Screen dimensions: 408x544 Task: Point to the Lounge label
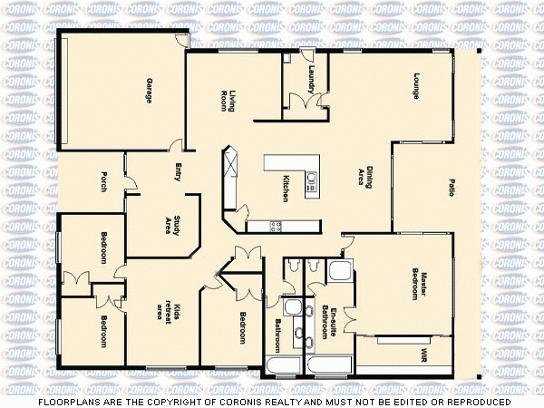click(417, 85)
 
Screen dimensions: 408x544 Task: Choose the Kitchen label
click(286, 187)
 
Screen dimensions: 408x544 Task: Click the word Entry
click(178, 172)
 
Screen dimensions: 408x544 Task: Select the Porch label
click(104, 182)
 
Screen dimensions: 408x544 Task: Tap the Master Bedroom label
click(418, 283)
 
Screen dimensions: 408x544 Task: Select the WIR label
click(423, 354)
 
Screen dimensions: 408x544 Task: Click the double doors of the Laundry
click(307, 102)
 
